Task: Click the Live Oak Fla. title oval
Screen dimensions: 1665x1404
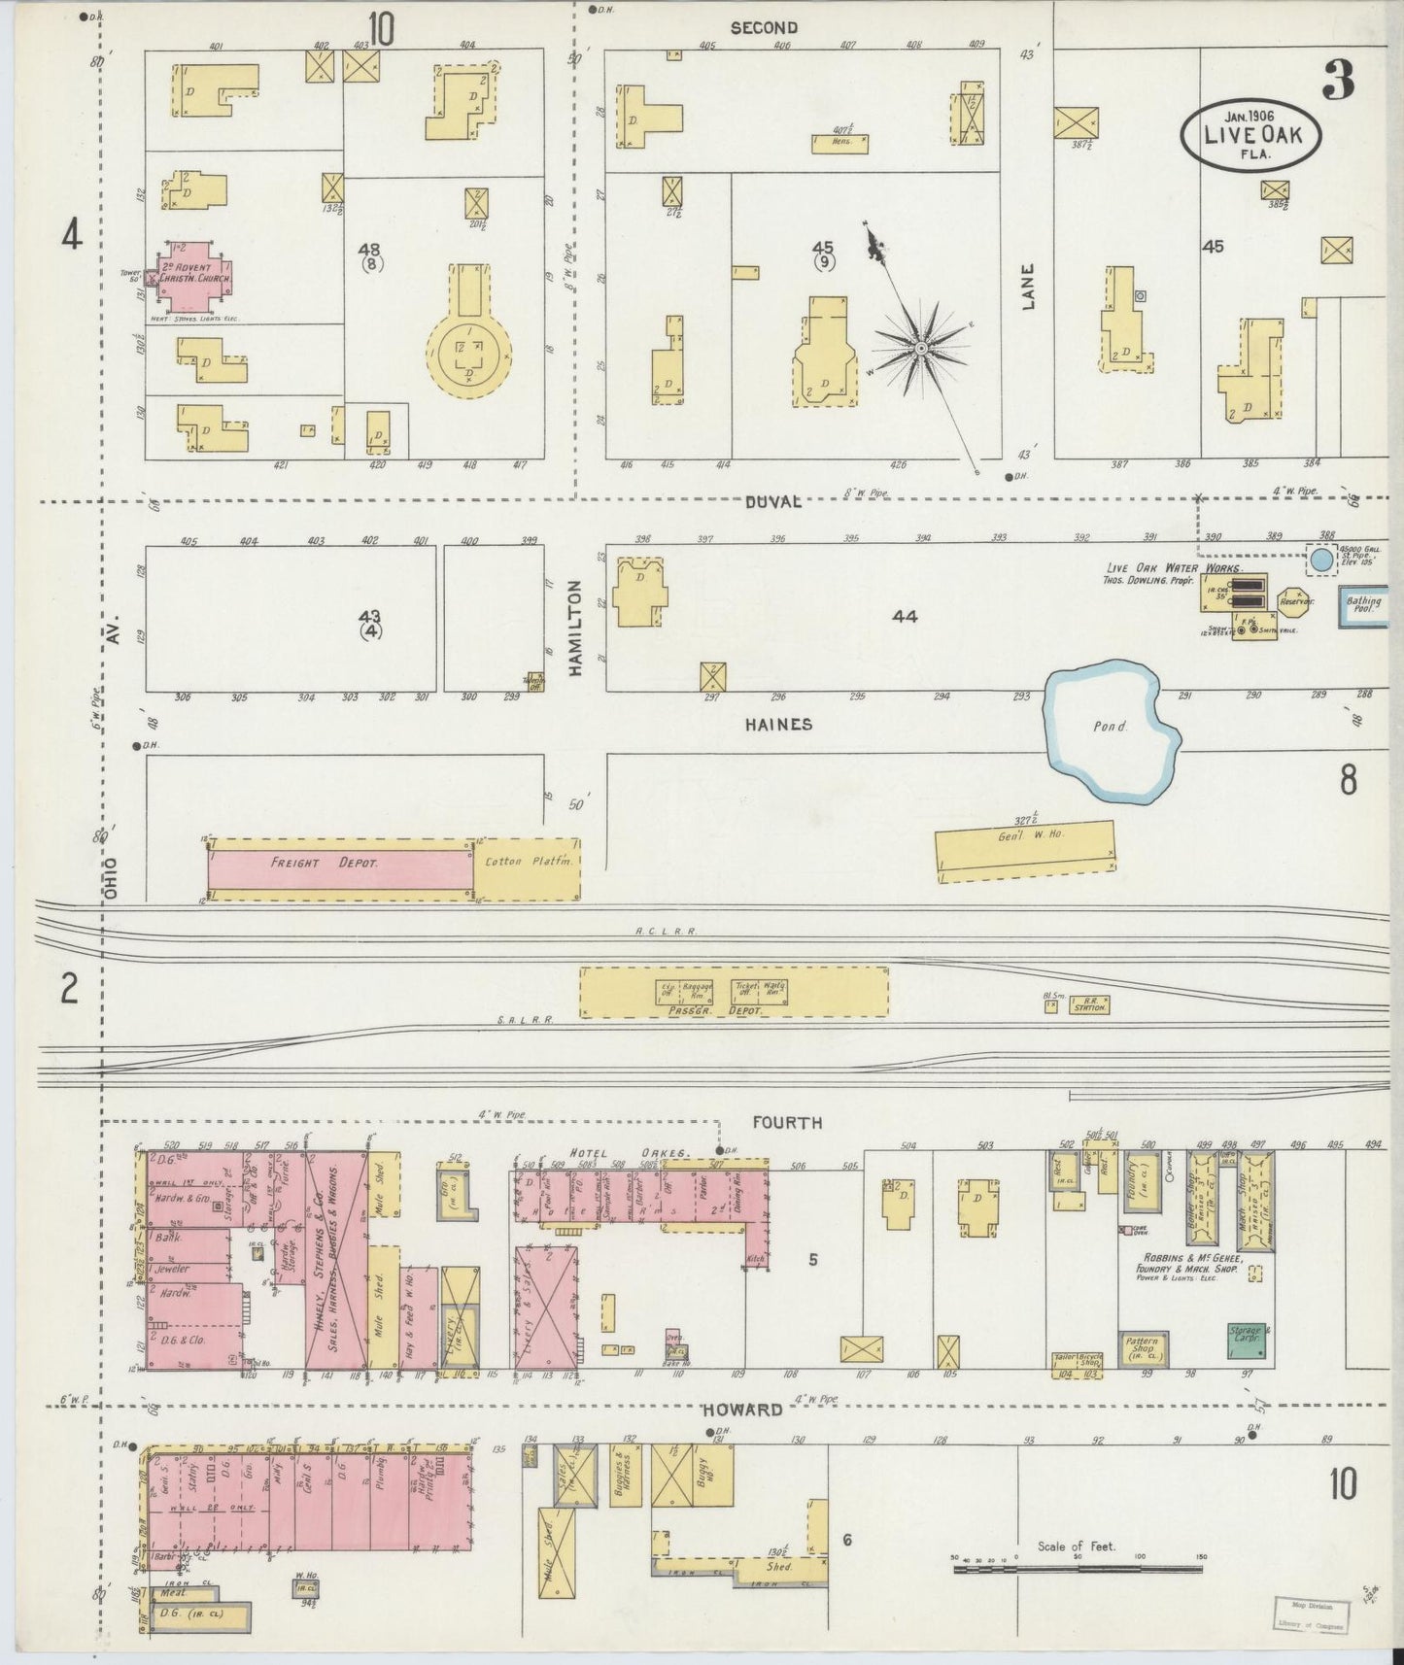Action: [1251, 133]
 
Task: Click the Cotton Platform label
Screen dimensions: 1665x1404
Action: [526, 863]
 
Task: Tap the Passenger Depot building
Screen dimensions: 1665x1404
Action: [734, 992]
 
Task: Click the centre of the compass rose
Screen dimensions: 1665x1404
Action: [920, 347]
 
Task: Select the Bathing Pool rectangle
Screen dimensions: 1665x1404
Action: [1363, 606]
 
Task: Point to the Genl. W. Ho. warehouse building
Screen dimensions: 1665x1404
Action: [1025, 851]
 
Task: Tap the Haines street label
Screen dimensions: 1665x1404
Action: [777, 725]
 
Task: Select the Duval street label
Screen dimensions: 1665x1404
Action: [773, 501]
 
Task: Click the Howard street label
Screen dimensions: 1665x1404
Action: [744, 1410]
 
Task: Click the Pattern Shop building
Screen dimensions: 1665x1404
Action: [1143, 1347]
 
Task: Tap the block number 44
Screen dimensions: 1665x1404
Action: [905, 616]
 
